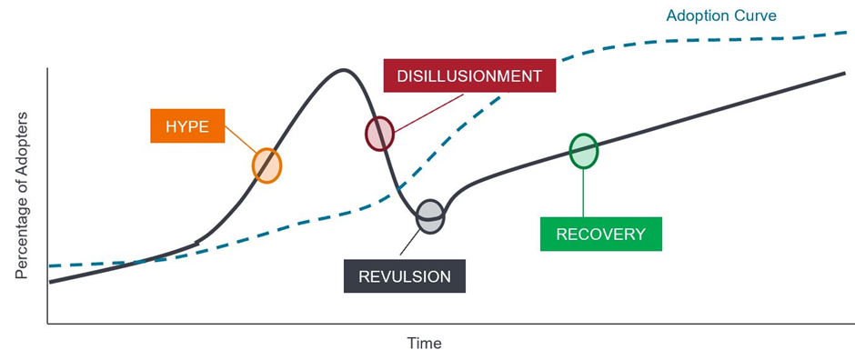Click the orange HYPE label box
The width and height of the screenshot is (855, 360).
coord(187,126)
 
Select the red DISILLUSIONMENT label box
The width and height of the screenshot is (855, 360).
coord(469,75)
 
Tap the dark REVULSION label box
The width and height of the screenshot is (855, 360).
coord(405,275)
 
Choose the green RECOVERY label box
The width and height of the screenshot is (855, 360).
coord(601,235)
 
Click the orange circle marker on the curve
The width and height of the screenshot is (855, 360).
coord(267,165)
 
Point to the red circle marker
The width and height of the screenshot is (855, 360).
coord(379,134)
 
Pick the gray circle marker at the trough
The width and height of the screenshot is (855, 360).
coord(431,216)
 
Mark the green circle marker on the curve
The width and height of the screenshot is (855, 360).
coord(583,151)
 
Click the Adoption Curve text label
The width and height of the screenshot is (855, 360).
coord(721,15)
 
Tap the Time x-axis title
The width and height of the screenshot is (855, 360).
coord(424,344)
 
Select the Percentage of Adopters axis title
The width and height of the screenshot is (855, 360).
coord(21,195)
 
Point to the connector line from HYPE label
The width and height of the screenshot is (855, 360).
coord(240,139)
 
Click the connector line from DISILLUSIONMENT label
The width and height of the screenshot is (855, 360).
coord(428,112)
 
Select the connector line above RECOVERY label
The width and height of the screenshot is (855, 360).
coord(583,193)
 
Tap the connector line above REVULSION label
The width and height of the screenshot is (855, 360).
coord(409,244)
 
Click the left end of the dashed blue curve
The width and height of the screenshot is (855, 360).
coord(49,265)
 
